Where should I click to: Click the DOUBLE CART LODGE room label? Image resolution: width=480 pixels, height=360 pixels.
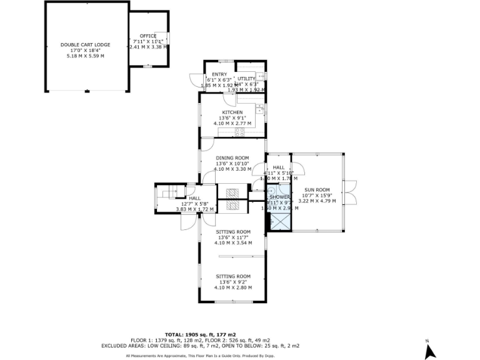[86, 44]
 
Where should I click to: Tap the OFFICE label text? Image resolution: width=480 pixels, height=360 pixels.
[148, 36]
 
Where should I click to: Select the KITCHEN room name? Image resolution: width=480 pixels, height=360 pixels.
[232, 112]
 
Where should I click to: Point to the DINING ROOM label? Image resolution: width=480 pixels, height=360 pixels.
[232, 157]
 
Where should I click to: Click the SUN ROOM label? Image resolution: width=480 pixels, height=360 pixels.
[317, 189]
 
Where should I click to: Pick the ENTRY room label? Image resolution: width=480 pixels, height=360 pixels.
[219, 74]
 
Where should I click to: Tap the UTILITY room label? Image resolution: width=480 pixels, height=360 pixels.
[246, 79]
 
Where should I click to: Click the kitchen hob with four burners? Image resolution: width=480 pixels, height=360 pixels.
[239, 131]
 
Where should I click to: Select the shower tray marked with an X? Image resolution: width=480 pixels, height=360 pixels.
[280, 221]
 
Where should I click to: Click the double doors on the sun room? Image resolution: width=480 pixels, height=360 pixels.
[350, 192]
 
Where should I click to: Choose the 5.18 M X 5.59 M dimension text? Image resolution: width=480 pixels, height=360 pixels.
[86, 56]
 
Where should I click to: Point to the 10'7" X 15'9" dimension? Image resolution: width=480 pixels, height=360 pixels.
[317, 195]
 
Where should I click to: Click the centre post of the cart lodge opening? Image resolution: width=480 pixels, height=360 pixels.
[86, 92]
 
